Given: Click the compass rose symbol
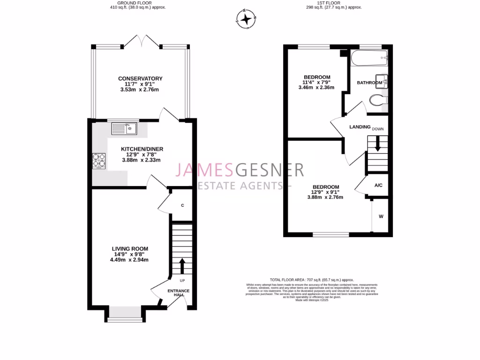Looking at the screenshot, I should click(246, 19).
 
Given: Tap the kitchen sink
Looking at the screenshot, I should click(124, 128).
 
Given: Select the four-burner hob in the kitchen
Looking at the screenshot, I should click(99, 161).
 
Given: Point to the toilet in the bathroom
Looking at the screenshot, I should click(378, 100).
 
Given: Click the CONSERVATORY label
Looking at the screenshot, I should click(140, 78).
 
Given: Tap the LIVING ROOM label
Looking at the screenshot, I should click(130, 248).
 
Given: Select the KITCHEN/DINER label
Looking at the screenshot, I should click(142, 149).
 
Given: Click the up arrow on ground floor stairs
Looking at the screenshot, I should click(182, 265).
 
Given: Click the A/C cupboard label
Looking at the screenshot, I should click(378, 186).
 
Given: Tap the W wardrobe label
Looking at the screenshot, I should click(381, 217).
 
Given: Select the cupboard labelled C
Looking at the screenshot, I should click(182, 205).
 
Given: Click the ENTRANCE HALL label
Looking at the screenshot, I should click(179, 293).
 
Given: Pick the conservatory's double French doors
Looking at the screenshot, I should click(142, 41).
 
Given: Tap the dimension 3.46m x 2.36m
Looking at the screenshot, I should click(317, 87).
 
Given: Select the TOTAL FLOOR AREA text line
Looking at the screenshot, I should click(311, 279).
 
